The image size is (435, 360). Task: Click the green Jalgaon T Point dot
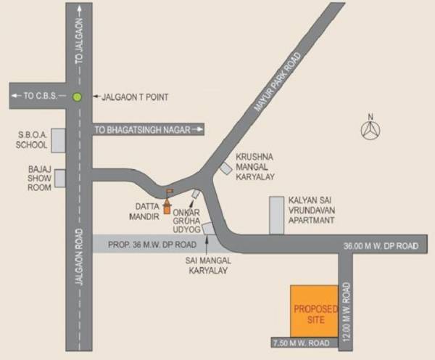(x=78, y=97)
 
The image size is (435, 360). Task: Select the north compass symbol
(x=371, y=130)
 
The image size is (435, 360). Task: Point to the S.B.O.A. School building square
(x=57, y=140)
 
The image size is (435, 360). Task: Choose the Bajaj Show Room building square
(x=59, y=178)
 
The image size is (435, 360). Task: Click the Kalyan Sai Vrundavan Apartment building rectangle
(x=276, y=215)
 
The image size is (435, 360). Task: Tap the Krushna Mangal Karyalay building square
(x=227, y=168)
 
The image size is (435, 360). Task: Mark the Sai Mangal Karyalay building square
(x=208, y=229)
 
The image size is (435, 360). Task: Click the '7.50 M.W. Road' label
(x=295, y=343)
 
